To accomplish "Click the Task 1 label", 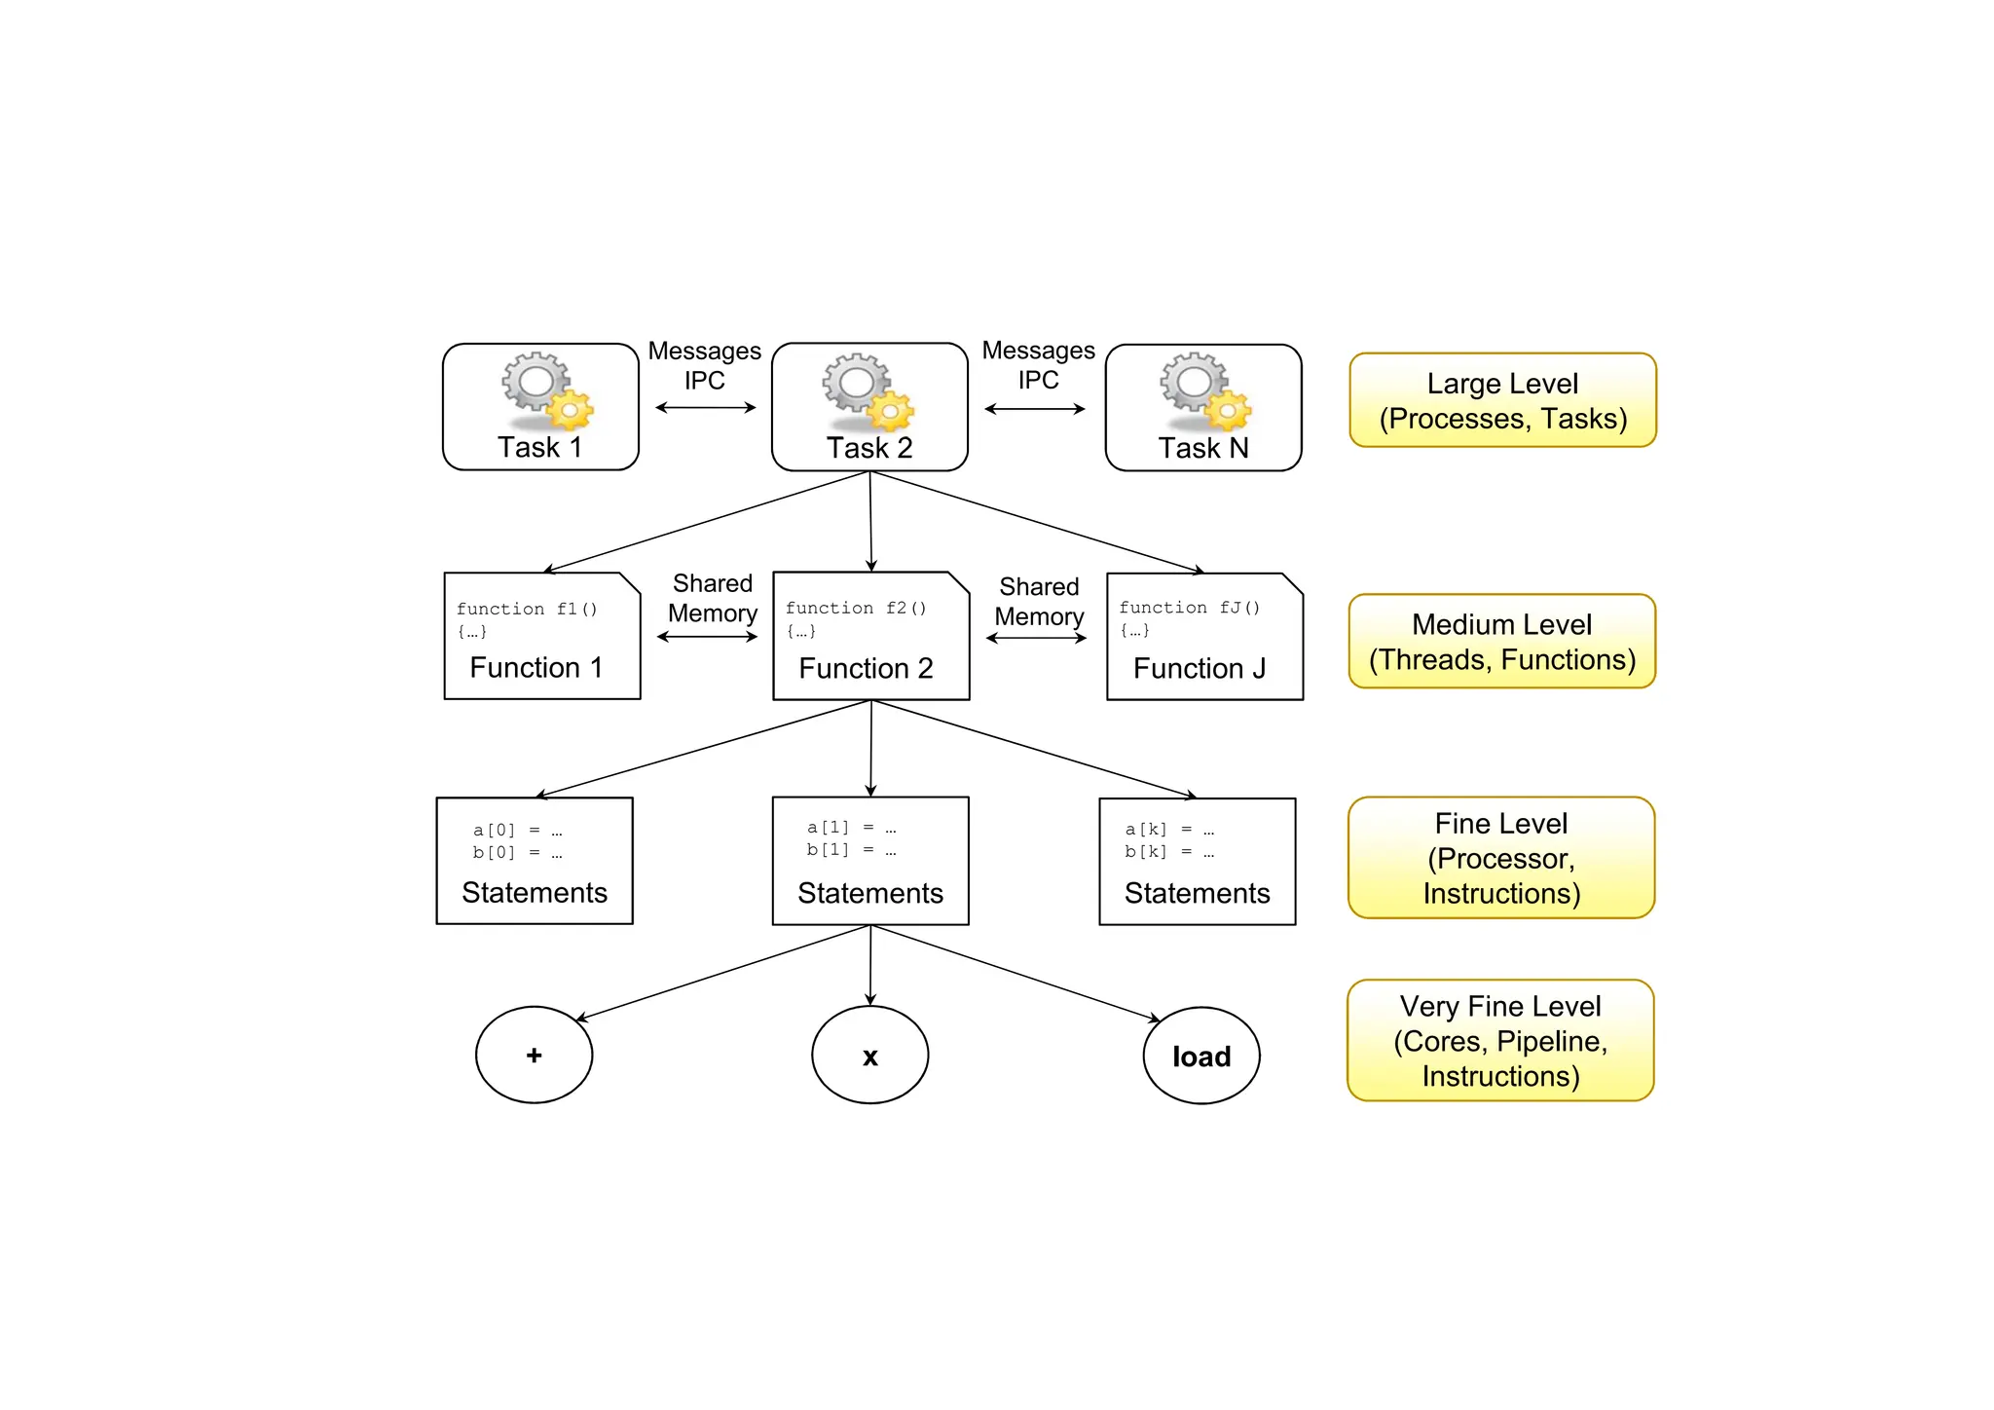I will tap(539, 447).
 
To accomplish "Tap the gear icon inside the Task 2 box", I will tap(867, 391).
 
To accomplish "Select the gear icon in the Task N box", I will tap(1204, 391).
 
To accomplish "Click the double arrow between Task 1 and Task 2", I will tap(705, 407).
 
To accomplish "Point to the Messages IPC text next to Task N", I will tap(1038, 364).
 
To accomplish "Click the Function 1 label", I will tap(535, 667).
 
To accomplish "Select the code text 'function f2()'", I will tap(856, 608).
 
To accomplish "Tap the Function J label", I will tap(1200, 668).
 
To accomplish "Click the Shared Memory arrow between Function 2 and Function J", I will tap(1036, 638).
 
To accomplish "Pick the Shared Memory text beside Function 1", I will tap(713, 598).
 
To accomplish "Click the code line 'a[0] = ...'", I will tap(517, 830).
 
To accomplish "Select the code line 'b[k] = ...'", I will tap(1169, 851).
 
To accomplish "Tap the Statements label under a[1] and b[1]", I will tap(870, 893).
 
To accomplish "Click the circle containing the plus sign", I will tap(534, 1055).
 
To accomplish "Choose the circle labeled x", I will tap(869, 1056).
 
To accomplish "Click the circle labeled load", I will tap(1201, 1056).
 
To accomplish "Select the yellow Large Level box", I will tap(1502, 400).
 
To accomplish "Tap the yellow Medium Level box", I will tap(1502, 641).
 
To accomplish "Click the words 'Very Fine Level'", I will tap(1500, 1006).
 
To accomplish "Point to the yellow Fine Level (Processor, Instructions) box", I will tap(1501, 858).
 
